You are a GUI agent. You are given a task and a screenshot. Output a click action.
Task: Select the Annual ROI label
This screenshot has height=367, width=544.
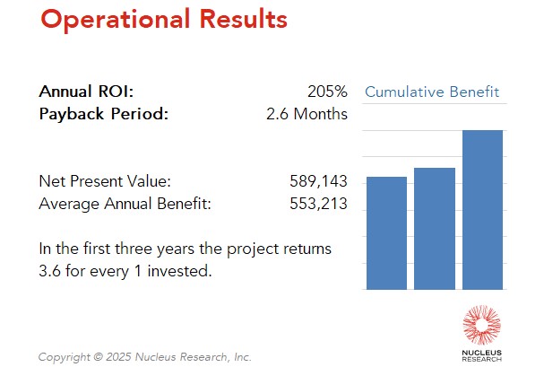coord(86,92)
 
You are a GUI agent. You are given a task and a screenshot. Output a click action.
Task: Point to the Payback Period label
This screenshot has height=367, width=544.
coord(103,114)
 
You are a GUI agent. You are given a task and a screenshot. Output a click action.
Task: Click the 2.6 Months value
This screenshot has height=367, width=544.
coord(307,114)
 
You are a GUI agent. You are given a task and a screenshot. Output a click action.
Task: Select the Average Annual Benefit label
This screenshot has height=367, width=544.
coord(125,204)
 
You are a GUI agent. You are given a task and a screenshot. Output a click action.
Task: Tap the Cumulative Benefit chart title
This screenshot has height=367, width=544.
coord(431,92)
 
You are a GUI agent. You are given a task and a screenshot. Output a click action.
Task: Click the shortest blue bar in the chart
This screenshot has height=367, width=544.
coord(386,233)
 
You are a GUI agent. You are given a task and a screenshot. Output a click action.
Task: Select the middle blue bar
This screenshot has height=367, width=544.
coord(435,229)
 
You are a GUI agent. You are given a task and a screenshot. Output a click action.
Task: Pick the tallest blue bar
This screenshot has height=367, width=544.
coord(482,210)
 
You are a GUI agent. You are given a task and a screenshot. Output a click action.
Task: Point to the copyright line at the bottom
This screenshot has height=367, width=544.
coord(144,357)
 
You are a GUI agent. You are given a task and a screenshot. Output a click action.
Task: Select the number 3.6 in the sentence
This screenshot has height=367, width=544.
coord(49,270)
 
